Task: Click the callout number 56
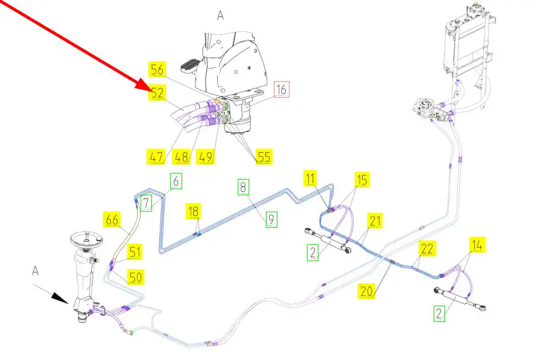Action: [157, 70]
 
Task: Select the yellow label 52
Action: [157, 93]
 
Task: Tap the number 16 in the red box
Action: [282, 90]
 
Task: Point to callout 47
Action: [156, 158]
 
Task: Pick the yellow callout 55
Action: [264, 157]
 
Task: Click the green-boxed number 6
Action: [176, 180]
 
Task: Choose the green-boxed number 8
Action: [243, 188]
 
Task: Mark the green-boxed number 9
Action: [271, 220]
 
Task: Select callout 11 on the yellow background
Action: [309, 178]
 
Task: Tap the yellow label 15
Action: [361, 179]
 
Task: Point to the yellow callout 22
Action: [427, 248]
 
